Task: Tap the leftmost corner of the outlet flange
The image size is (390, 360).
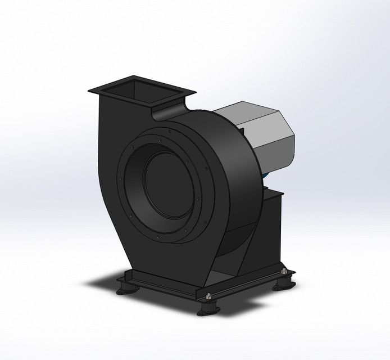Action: [x=89, y=91]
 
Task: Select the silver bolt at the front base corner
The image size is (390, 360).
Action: [x=208, y=296]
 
